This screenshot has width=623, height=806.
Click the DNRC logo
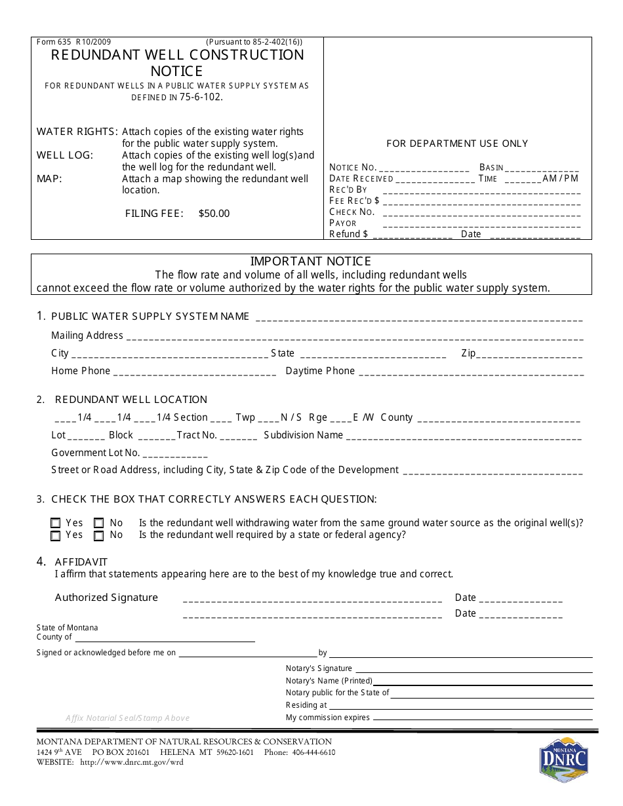pyautogui.click(x=563, y=759)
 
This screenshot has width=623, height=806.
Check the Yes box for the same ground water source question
pyautogui.click(x=56, y=523)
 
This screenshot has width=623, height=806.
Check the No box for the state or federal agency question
pyautogui.click(x=98, y=535)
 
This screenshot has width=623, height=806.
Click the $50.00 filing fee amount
pyautogui.click(x=214, y=214)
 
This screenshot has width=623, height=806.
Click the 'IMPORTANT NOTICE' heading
pyautogui.click(x=311, y=261)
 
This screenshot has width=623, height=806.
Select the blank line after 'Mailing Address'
pyautogui.click(x=354, y=337)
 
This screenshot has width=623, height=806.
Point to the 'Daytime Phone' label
pyautogui.click(x=320, y=371)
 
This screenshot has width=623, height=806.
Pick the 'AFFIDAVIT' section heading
pyautogui.click(x=81, y=562)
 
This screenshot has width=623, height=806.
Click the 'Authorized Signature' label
pyautogui.click(x=106, y=598)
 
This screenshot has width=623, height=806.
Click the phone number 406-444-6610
pyautogui.click(x=313, y=752)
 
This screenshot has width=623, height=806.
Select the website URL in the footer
pyautogui.click(x=131, y=762)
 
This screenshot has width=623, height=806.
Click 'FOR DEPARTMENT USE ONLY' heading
pyautogui.click(x=457, y=144)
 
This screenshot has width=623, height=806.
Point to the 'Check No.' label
pyautogui.click(x=352, y=212)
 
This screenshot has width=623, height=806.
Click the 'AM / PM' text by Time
pyautogui.click(x=561, y=178)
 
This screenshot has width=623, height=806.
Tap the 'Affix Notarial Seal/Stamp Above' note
pyautogui.click(x=127, y=718)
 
